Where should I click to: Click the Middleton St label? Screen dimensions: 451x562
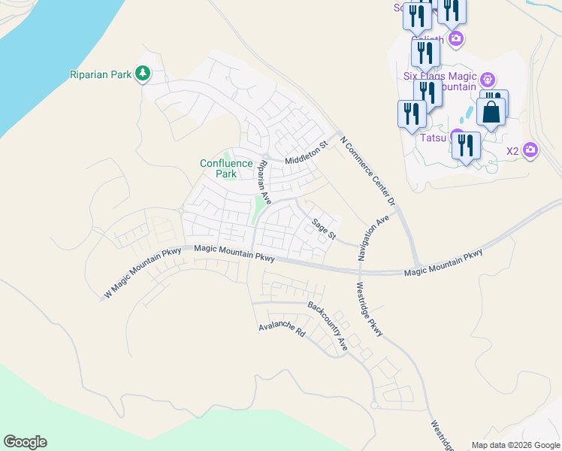(307, 153)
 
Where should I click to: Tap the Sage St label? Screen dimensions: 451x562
(324, 227)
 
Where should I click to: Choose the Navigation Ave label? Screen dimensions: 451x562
(374, 237)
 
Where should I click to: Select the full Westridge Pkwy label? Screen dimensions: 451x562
(370, 309)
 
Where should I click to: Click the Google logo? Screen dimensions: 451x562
(25, 442)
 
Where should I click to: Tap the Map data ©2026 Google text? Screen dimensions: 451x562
(515, 445)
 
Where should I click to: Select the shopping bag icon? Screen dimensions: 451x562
(491, 113)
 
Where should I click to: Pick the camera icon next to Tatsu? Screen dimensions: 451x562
(455, 136)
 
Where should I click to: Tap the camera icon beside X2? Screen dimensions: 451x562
(530, 150)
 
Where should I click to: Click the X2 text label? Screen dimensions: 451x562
(512, 150)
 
